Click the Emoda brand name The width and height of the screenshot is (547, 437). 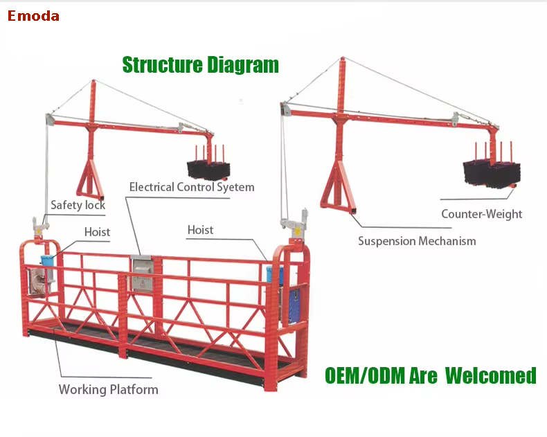tap(33, 16)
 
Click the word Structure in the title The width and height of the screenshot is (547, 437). tap(162, 65)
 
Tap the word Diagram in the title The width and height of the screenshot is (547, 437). tap(243, 66)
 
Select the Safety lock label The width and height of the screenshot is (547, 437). tap(78, 205)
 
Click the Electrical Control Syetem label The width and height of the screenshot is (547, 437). tap(192, 187)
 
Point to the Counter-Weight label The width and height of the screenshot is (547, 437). tap(481, 214)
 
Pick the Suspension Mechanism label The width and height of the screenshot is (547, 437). tap(417, 241)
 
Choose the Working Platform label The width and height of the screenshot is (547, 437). tap(108, 389)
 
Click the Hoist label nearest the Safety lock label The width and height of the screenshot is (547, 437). tap(97, 232)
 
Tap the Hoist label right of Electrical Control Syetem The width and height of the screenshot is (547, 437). tap(200, 230)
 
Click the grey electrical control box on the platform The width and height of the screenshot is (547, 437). tap(142, 274)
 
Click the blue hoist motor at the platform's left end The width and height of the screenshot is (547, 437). tap(48, 261)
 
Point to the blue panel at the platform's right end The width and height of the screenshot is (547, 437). tap(294, 305)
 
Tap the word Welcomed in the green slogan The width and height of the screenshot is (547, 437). tap(490, 375)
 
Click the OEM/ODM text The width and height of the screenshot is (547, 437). tap(366, 375)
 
